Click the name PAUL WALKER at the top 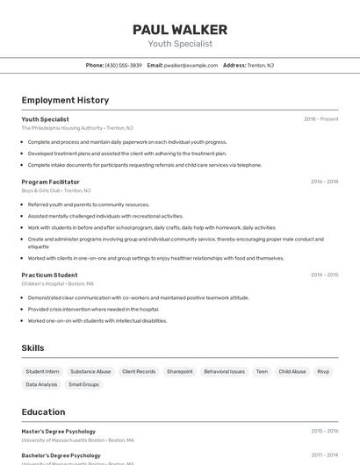[x=180, y=29]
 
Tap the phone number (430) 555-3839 [x=123, y=65]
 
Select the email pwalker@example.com [x=191, y=65]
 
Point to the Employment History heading [x=65, y=100]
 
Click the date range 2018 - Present [x=320, y=119]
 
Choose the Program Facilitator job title [x=51, y=182]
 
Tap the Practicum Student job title [x=49, y=275]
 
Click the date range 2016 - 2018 [x=324, y=182]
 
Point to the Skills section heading [x=32, y=348]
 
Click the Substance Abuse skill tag [x=90, y=371]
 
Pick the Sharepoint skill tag [x=179, y=371]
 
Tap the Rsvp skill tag [x=323, y=371]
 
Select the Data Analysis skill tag [x=41, y=384]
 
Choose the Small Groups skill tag [x=84, y=384]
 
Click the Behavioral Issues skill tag [x=224, y=371]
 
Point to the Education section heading [x=43, y=411]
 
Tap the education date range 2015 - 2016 [x=324, y=432]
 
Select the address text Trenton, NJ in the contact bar [x=260, y=65]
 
